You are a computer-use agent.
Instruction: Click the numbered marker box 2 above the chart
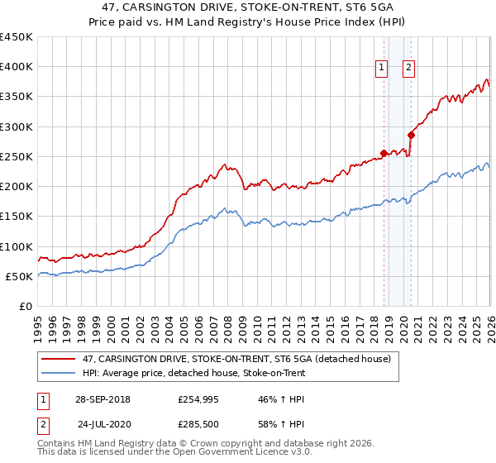(409, 69)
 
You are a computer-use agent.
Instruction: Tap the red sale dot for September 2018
(384, 153)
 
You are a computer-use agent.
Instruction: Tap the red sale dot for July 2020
(411, 135)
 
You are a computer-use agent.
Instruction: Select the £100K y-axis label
(17, 246)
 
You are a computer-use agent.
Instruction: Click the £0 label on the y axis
(25, 307)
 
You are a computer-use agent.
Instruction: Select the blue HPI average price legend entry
(194, 373)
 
